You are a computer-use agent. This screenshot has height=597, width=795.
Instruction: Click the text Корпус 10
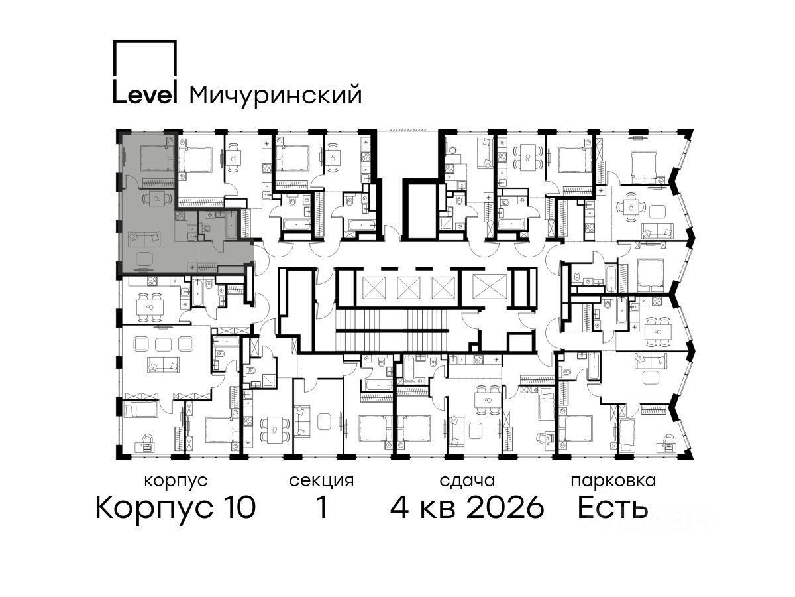point(176,507)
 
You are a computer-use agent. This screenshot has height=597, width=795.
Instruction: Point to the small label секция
point(321,481)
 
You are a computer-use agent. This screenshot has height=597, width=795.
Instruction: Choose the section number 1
point(322,507)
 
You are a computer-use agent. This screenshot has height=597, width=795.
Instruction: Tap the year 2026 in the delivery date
point(505,507)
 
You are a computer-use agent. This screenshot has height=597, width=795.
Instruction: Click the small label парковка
point(613,481)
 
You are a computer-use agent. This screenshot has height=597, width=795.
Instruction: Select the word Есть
point(612,507)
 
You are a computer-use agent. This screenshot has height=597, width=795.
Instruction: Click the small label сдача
point(467,481)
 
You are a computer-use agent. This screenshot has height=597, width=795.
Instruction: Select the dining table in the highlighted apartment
point(157,198)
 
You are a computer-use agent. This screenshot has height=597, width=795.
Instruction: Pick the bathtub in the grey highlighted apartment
point(231,225)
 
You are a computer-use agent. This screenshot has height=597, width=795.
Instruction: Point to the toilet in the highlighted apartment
point(207,229)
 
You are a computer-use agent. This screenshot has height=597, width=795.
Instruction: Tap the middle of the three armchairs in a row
point(163,343)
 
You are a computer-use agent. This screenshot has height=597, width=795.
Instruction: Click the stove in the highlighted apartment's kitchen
point(180,216)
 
